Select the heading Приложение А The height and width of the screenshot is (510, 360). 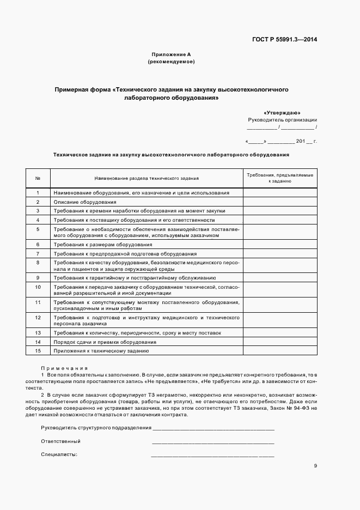coord(171,54)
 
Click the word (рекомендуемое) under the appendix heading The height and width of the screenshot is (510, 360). coord(171,62)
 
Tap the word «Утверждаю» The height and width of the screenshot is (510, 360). coord(282,112)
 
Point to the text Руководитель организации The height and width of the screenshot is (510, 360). coord(282,119)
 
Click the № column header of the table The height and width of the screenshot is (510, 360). coord(38,178)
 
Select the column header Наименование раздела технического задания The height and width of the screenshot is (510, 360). coord(147,178)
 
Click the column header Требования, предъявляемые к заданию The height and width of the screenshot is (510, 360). coord(279,178)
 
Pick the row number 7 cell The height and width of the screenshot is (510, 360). coord(38,254)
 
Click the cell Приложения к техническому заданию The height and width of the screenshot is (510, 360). coord(101,350)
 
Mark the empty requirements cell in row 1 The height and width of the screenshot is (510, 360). coord(279,193)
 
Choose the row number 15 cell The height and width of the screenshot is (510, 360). coord(38,350)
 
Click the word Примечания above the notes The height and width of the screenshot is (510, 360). coord(64,368)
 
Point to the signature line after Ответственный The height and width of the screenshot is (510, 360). coord(213,442)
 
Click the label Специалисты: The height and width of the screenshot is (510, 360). coord(59,454)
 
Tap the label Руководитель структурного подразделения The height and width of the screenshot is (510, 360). coord(96,428)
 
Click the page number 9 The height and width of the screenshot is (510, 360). coord(315,465)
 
